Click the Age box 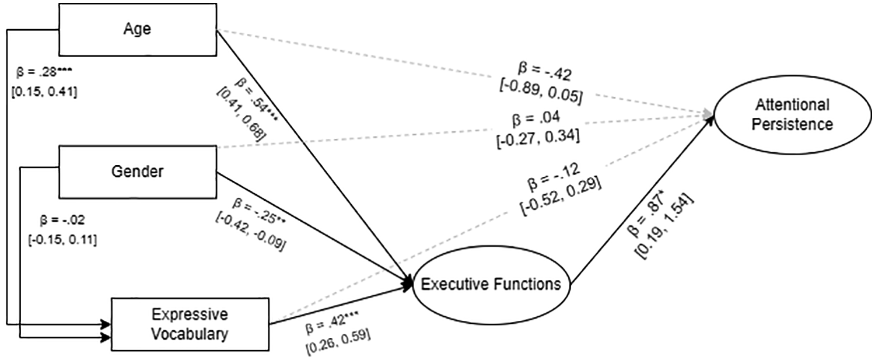[138, 30]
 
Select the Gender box [138, 172]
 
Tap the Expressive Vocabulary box [190, 324]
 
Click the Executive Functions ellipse [491, 285]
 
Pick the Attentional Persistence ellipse [793, 115]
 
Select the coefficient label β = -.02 [62, 221]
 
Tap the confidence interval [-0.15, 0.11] [62, 239]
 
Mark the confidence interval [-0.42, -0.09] [250, 231]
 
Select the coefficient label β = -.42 [545, 72]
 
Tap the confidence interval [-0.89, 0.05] [541, 90]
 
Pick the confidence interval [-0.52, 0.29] [561, 195]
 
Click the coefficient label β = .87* [647, 214]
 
